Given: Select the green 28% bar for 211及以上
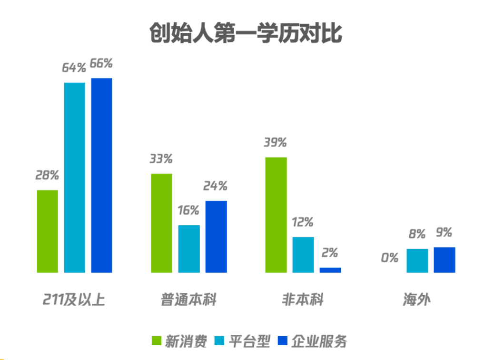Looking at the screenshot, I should (x=48, y=231).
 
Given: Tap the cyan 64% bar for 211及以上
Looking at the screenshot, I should (x=75, y=178).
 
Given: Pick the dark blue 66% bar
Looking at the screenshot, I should (x=102, y=175).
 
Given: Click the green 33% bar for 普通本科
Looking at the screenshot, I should (x=162, y=223).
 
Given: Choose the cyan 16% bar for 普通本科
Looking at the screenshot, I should (x=189, y=249).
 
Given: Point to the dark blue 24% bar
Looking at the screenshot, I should (x=216, y=237).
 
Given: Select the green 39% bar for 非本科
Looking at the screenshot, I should (x=276, y=215).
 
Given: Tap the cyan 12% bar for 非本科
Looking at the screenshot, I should (x=303, y=255).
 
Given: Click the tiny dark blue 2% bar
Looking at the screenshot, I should (x=330, y=270).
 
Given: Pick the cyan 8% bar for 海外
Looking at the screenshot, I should (x=417, y=260).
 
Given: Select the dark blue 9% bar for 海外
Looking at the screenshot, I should (x=445, y=260).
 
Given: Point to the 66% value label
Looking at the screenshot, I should (x=101, y=63).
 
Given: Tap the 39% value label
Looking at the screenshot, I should (x=276, y=142).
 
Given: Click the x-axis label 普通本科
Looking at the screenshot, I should (x=188, y=300).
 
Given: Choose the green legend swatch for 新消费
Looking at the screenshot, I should (x=157, y=341).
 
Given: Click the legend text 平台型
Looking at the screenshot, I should (x=249, y=341).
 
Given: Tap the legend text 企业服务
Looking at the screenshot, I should (x=319, y=341).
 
